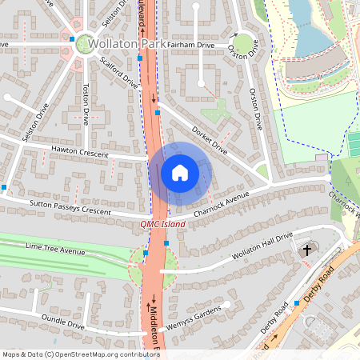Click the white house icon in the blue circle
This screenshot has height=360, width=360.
tap(180, 173)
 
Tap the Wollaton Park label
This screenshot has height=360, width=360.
tap(127, 43)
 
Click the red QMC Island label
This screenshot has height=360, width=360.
tap(162, 225)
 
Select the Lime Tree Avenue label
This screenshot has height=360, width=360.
tap(55, 252)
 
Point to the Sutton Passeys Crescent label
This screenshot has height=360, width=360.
tap(70, 210)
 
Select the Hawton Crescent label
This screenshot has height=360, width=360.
tap(79, 150)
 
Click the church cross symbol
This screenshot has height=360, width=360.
tap(306, 251)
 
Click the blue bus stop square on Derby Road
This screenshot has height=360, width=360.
tap(297, 303)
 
